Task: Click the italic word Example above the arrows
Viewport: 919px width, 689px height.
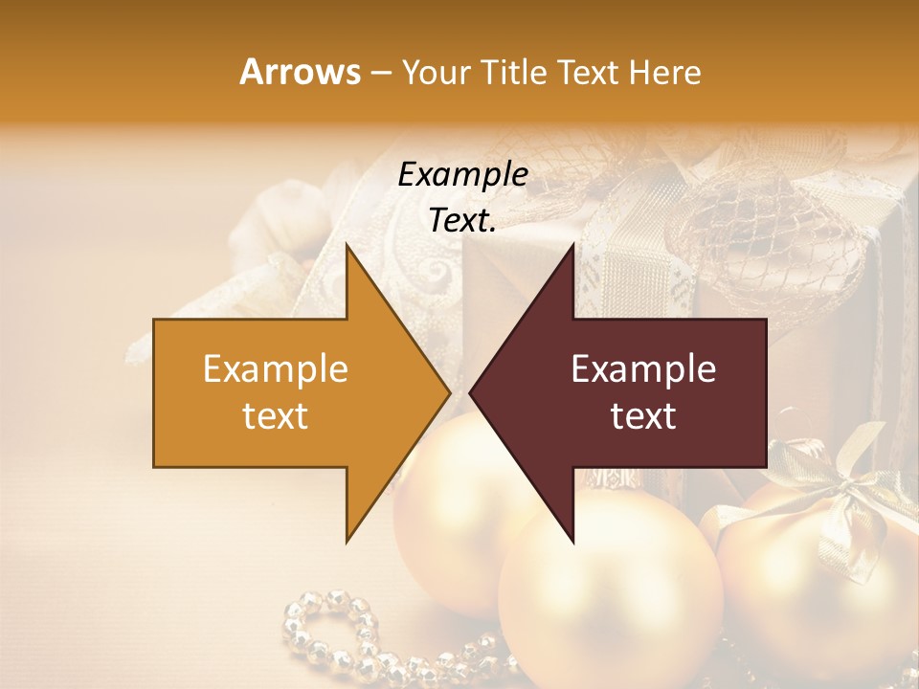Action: click(x=462, y=175)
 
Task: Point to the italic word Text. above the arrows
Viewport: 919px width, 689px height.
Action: click(x=462, y=221)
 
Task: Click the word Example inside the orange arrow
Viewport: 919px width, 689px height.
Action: click(x=276, y=369)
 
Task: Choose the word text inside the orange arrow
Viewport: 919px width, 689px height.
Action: click(x=276, y=416)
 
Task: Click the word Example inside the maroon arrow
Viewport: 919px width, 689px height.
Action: click(x=643, y=369)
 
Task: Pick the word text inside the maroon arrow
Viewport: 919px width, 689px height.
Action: click(x=643, y=416)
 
